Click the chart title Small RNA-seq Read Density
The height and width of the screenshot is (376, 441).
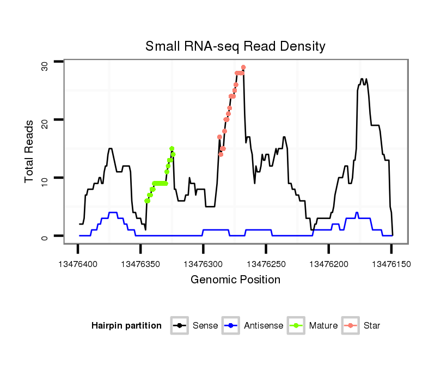point(235,46)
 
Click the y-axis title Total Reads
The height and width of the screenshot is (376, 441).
point(30,151)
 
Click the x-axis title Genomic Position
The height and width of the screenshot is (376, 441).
point(235,280)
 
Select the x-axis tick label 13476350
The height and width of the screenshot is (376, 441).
point(140,264)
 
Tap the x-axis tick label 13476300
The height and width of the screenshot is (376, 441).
point(203,264)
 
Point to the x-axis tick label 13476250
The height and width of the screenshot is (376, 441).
point(266,264)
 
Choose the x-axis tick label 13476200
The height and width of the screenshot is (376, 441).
point(328,264)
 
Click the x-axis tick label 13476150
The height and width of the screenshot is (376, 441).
point(391,264)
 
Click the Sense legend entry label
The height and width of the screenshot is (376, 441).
point(205,326)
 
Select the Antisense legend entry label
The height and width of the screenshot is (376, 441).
point(264,326)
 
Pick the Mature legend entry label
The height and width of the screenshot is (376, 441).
point(323,326)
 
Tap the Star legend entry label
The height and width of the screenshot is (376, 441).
point(371,326)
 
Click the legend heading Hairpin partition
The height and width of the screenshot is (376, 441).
point(126,326)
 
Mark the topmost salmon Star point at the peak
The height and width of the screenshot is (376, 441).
point(243,68)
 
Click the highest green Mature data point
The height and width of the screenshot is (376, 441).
point(171,148)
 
